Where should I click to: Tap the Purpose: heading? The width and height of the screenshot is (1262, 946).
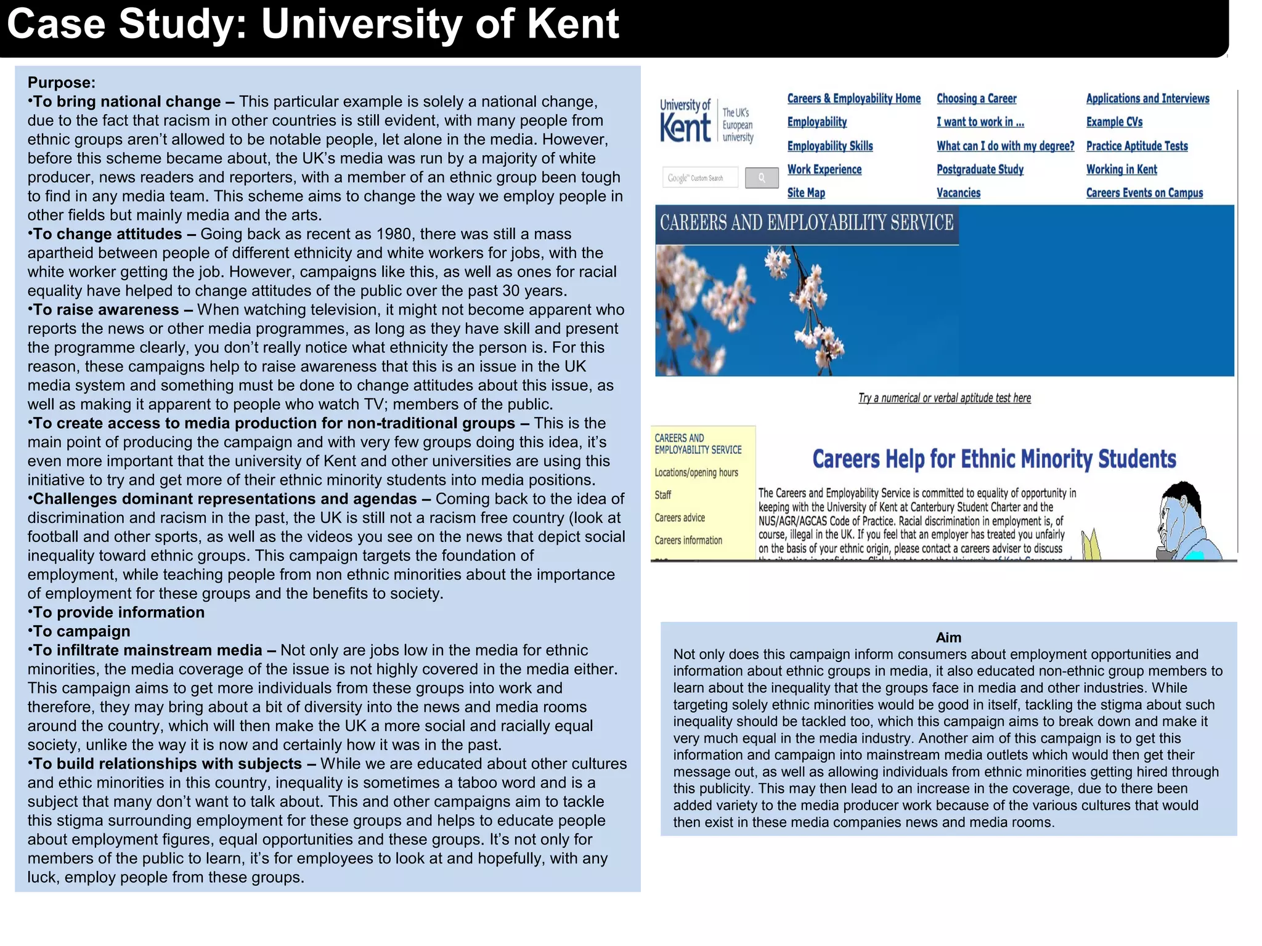62,83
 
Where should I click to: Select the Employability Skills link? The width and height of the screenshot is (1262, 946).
829,146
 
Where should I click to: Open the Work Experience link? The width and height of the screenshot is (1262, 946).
824,169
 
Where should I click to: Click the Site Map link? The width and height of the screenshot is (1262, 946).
805,193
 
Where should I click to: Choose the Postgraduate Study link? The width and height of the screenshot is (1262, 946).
980,169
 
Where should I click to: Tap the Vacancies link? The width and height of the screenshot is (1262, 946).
958,193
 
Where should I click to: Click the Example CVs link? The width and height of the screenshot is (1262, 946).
1113,122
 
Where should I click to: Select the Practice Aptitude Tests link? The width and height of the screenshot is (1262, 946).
1136,146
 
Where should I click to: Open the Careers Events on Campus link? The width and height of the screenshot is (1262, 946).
1144,193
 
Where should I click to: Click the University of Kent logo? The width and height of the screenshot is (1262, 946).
706,121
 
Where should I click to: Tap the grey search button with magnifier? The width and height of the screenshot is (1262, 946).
762,178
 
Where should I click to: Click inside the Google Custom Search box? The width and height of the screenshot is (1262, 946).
700,178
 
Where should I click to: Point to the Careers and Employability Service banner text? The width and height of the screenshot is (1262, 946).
807,223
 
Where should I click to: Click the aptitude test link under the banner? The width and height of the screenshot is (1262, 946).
944,398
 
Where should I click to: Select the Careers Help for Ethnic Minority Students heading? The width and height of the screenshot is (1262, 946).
993,459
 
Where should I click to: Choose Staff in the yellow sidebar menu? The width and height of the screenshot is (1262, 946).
663,495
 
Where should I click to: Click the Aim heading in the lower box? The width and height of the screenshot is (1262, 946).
948,637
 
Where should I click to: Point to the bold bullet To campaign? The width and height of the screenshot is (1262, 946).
81,631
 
